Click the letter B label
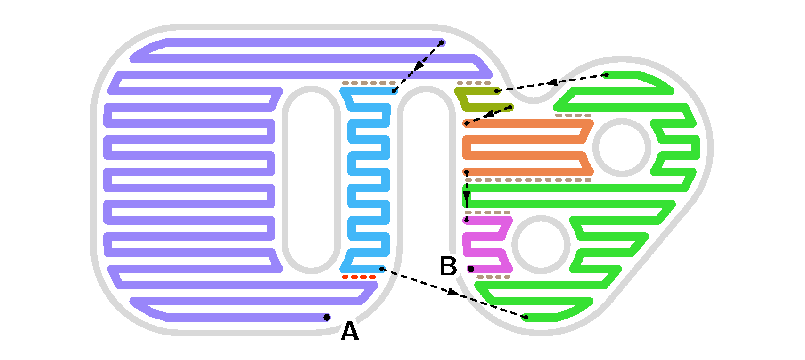pos(448,266)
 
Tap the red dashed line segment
pos(359,277)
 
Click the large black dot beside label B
pos(470,269)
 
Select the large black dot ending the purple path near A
pos(327,317)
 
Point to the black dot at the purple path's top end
pos(442,43)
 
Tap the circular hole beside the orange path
pos(622,147)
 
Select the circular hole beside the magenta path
pos(541,244)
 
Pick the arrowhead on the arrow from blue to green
pos(452,293)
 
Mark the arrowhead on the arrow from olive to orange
pos(489,114)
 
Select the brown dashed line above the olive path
pos(473,83)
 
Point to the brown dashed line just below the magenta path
pos(493,277)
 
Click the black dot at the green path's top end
pos(607,75)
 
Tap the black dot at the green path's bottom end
pos(526,317)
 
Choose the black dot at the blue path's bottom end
pos(382,269)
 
